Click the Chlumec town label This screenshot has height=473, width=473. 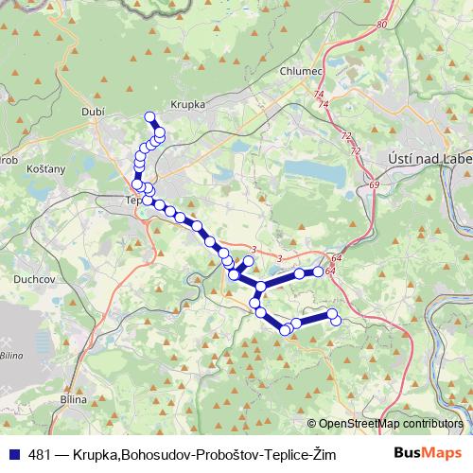pyautogui.click(x=301, y=72)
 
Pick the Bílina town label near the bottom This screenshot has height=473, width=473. pyautogui.click(x=73, y=399)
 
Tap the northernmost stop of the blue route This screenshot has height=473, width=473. pyautogui.click(x=149, y=116)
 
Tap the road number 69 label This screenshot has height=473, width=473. pyautogui.click(x=376, y=184)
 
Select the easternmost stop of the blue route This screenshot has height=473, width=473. pyautogui.click(x=336, y=321)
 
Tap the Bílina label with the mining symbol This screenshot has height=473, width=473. pyautogui.click(x=11, y=355)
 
